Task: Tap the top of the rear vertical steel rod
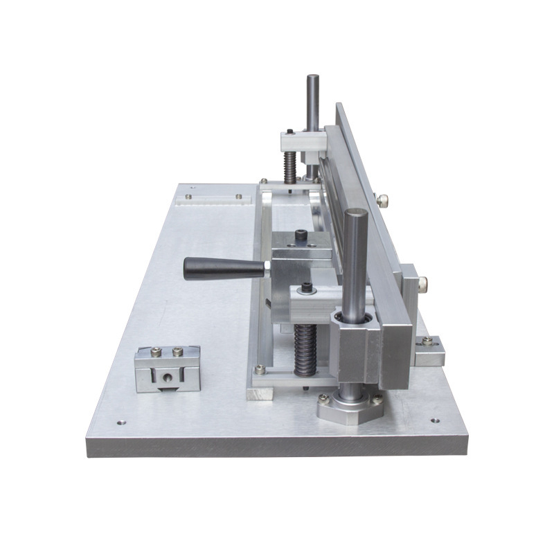point(313,78)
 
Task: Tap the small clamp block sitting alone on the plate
point(167,368)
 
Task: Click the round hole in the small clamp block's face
point(167,377)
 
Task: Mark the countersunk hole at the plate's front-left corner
point(122,421)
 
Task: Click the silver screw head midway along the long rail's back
point(382,200)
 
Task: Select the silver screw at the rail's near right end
point(422,282)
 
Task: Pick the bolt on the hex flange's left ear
point(323,398)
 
